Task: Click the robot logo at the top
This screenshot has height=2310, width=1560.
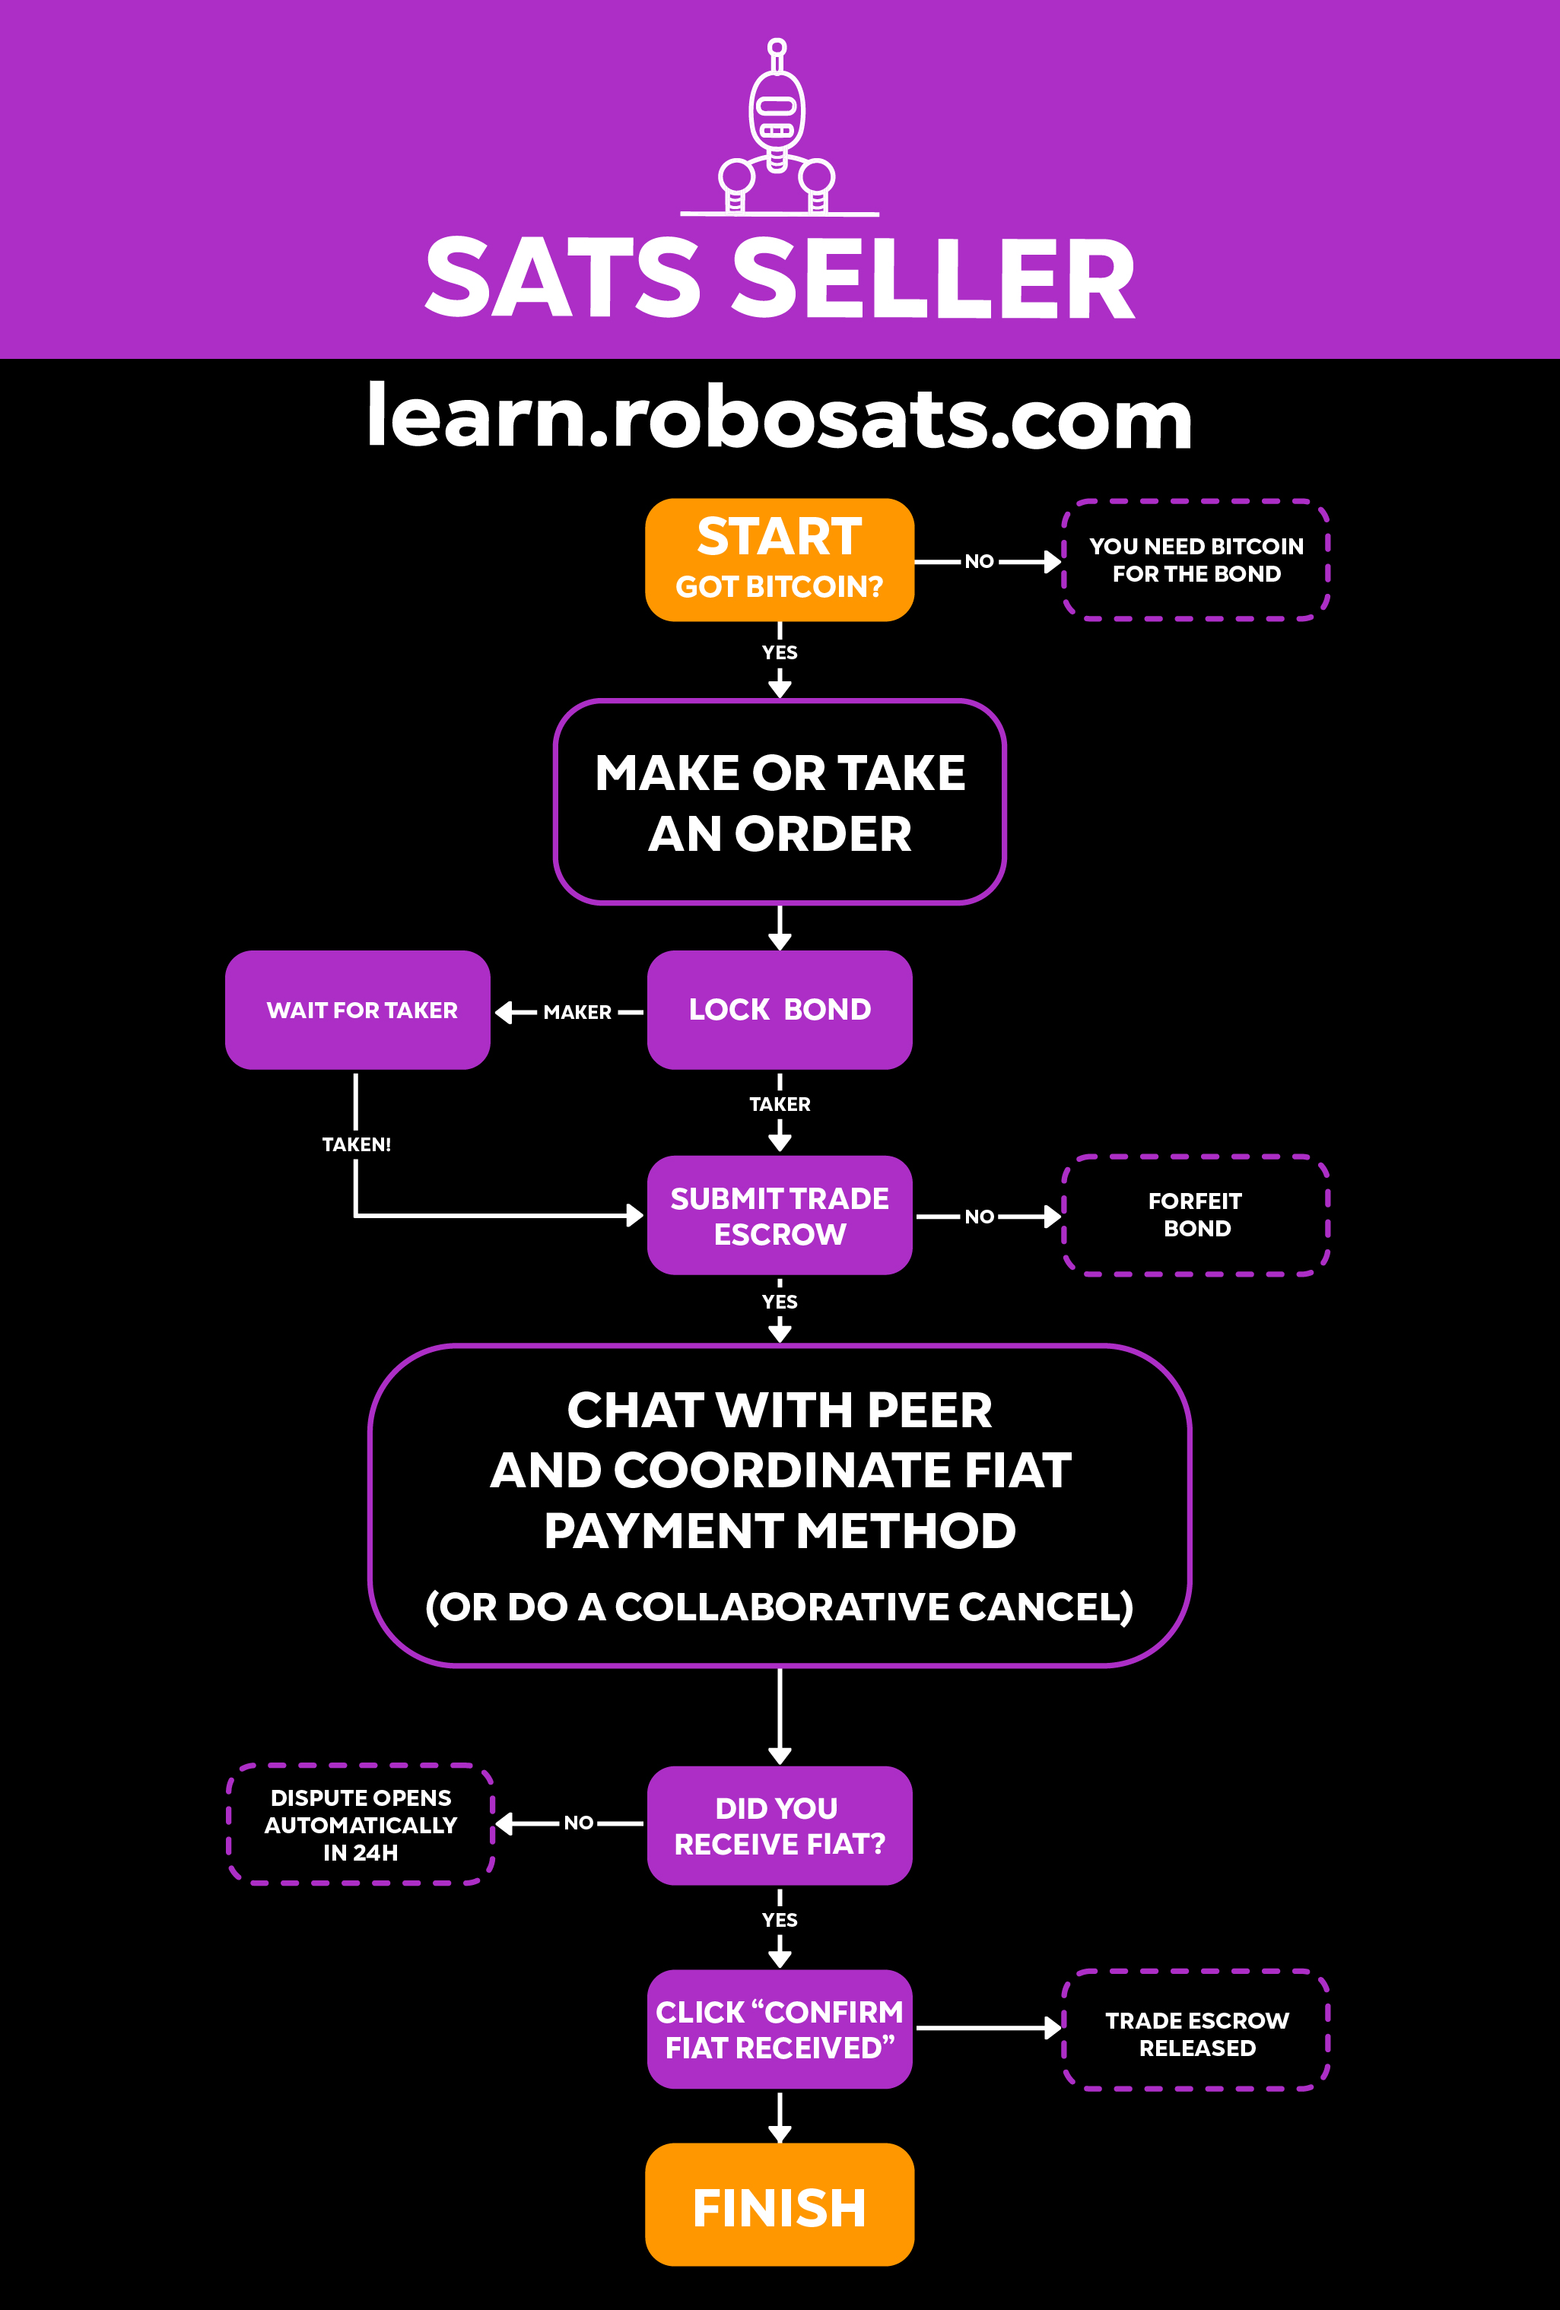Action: pyautogui.click(x=777, y=129)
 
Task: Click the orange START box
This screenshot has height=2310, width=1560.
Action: pyautogui.click(x=780, y=560)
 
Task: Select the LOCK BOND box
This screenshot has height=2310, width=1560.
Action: pyautogui.click(x=780, y=1010)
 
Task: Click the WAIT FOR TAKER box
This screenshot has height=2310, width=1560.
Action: pyautogui.click(x=358, y=1010)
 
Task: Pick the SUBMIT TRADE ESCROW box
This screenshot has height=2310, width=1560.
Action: pyautogui.click(x=780, y=1214)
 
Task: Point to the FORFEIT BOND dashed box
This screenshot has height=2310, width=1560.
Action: pyautogui.click(x=1196, y=1214)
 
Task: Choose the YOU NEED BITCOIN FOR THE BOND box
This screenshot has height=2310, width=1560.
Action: pyautogui.click(x=1196, y=560)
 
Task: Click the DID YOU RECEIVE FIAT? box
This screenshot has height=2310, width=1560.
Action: pyautogui.click(x=780, y=1825)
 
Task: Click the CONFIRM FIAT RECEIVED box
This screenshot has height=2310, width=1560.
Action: pyautogui.click(x=780, y=2029)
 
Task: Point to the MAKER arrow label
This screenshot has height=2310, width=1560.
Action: pyautogui.click(x=577, y=1012)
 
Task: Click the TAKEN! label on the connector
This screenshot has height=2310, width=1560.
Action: pyautogui.click(x=356, y=1144)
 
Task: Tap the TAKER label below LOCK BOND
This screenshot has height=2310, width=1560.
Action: pyautogui.click(x=780, y=1104)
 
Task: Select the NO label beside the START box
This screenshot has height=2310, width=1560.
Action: pyautogui.click(x=980, y=562)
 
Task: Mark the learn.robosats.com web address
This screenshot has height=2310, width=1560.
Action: pyautogui.click(x=780, y=417)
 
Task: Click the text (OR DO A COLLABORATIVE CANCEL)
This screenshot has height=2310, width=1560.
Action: pyautogui.click(x=780, y=1606)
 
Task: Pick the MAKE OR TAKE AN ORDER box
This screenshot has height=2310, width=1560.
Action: pyautogui.click(x=780, y=802)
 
